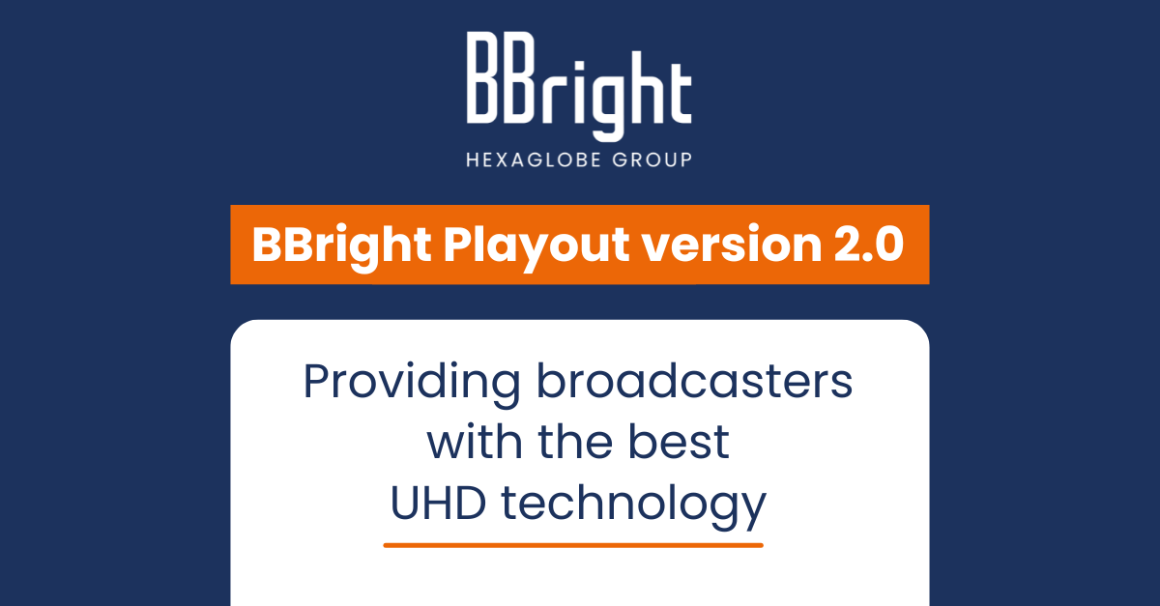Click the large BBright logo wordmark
tap(579, 86)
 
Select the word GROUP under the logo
tap(652, 159)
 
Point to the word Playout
tap(536, 246)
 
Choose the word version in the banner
tap(732, 245)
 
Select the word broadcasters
tap(694, 381)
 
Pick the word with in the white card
tap(475, 442)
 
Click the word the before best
tap(575, 442)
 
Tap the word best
tap(679, 442)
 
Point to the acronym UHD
tap(438, 503)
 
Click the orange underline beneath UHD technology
tap(573, 545)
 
